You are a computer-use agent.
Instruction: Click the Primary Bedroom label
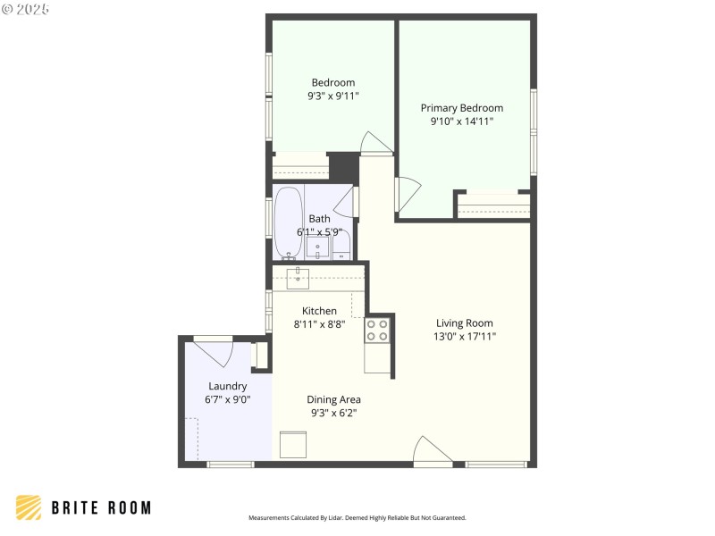[x=461, y=107]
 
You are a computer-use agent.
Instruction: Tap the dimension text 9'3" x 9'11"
[x=332, y=96]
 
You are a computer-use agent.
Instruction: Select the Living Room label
[x=464, y=322]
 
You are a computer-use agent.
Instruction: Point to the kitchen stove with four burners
[x=377, y=331]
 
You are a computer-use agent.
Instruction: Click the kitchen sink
[x=297, y=278]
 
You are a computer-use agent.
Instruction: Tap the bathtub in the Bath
[x=288, y=223]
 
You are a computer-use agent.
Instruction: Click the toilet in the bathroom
[x=341, y=247]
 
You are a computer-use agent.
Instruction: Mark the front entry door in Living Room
[x=433, y=452]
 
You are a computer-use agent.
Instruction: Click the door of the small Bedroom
[x=375, y=143]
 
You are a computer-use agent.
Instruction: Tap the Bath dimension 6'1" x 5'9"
[x=319, y=232]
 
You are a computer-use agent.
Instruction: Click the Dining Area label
[x=333, y=399]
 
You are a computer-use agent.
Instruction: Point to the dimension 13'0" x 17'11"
[x=464, y=337]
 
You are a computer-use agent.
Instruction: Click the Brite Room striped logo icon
[x=29, y=507]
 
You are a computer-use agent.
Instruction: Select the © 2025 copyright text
[x=26, y=9]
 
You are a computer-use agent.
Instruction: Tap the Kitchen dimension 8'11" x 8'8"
[x=319, y=324]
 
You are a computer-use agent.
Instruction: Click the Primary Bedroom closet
[x=492, y=205]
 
